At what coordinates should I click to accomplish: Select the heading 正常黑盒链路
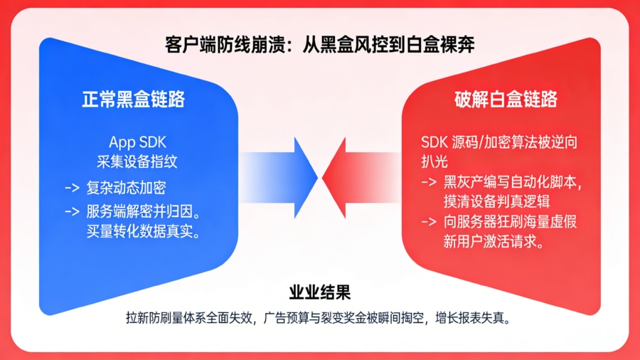(x=133, y=99)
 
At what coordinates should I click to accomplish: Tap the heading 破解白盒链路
(x=506, y=99)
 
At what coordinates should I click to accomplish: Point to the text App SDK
(x=137, y=142)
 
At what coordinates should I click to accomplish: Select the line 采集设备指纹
(x=137, y=162)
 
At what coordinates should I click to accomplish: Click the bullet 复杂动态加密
(x=125, y=188)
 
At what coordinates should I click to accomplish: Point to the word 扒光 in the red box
(x=434, y=162)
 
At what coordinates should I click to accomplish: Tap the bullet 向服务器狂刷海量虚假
(x=509, y=222)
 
